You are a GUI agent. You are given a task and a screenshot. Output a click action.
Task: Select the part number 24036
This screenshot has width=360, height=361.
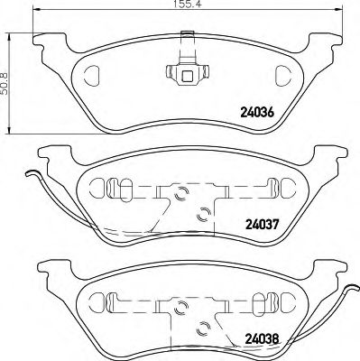(256, 113)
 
